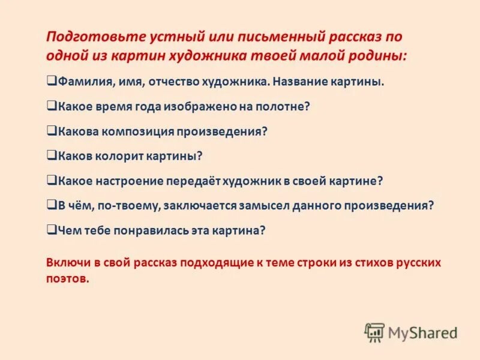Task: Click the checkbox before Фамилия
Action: (x=51, y=81)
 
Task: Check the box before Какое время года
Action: (x=51, y=106)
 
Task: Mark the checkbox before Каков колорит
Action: (x=51, y=155)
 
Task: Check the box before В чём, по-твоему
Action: (x=51, y=205)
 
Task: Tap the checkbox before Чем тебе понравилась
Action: (x=51, y=229)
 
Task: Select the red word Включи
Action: (x=68, y=262)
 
